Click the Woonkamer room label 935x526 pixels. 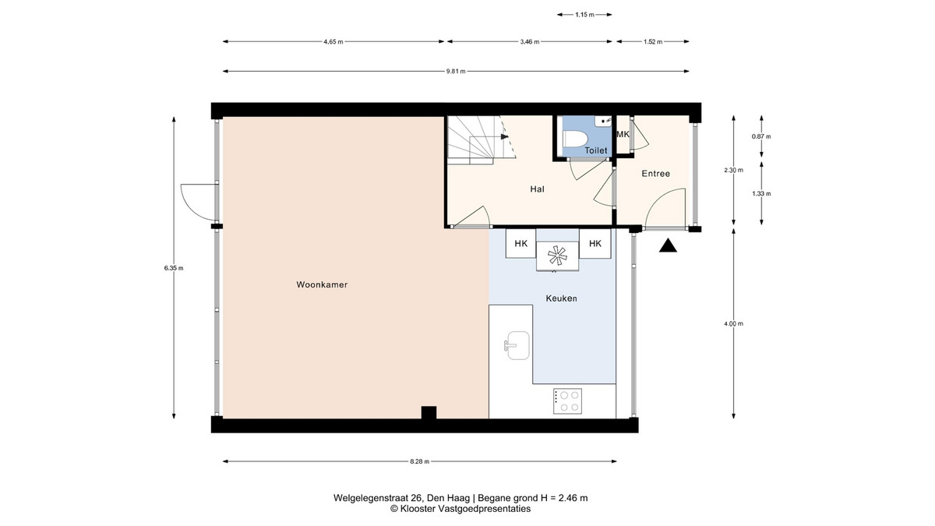pos(322,284)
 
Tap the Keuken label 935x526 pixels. pos(562,298)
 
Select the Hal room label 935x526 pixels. pos(537,189)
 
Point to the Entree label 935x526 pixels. pos(656,174)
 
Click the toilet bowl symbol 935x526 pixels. pos(576,139)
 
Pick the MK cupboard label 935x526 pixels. pos(623,134)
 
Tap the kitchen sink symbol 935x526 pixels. pos(517,345)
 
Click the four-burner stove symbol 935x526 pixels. pos(568,401)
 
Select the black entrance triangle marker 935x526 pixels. pos(668,245)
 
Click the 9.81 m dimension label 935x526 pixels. pos(456,72)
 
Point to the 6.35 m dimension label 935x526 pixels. pos(174,268)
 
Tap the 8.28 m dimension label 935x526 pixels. pos(419,461)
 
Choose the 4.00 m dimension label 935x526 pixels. pos(733,323)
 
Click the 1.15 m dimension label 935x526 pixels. pos(584,15)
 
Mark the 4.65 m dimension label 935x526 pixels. pos(333,42)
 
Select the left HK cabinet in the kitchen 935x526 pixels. pos(521,243)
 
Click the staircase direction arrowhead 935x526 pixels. pos(505,136)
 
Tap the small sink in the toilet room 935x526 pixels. pos(604,121)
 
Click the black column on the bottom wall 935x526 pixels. pos(429,412)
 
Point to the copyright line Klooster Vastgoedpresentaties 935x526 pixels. pos(460,509)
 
